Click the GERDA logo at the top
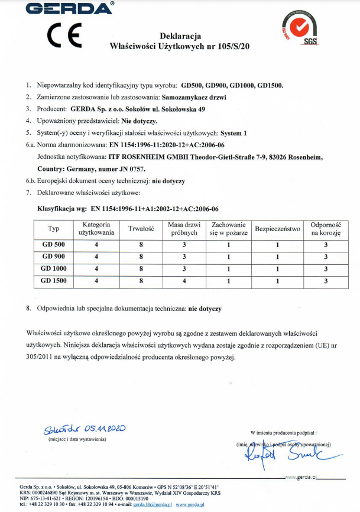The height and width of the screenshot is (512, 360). click(69, 8)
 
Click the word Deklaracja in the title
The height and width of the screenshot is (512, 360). click(180, 36)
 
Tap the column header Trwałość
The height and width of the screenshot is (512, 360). click(141, 228)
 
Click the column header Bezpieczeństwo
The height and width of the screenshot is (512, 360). click(277, 228)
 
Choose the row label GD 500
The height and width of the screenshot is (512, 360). click(54, 244)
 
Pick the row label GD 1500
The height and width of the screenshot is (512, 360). click(54, 281)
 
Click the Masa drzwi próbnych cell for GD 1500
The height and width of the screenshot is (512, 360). click(184, 281)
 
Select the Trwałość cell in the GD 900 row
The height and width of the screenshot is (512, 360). click(141, 257)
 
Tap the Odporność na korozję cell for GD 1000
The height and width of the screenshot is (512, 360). click(326, 269)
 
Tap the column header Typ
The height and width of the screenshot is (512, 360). click(54, 228)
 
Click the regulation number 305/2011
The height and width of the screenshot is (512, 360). click(44, 357)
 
